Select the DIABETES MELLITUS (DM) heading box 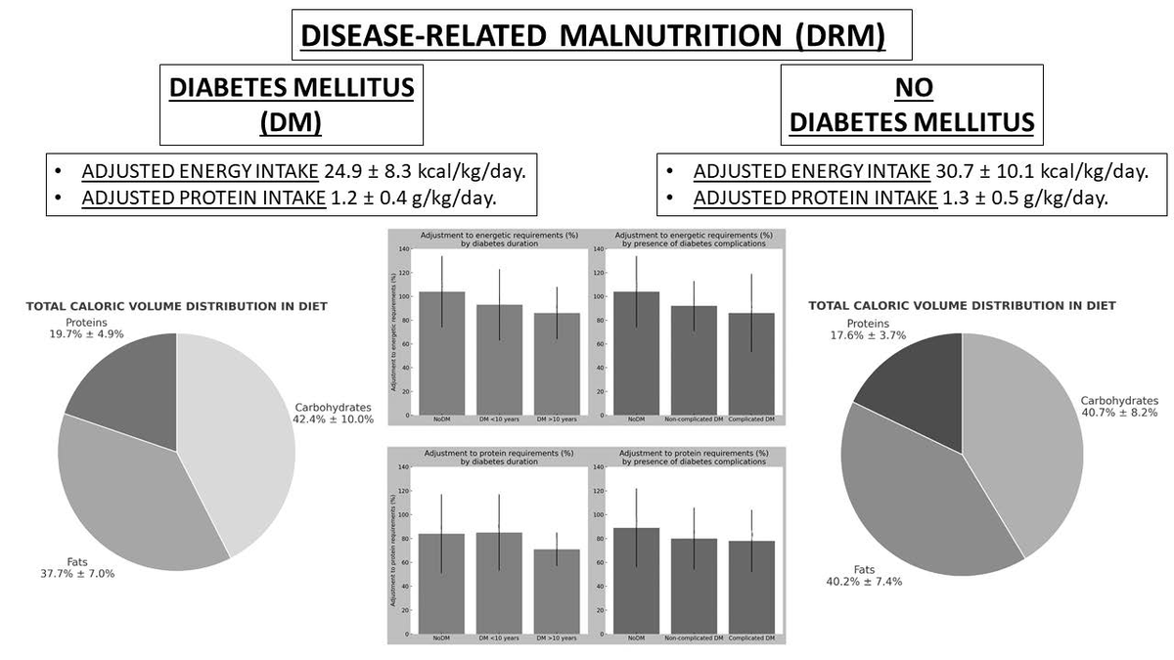click(x=292, y=105)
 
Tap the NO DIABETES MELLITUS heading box click(x=912, y=105)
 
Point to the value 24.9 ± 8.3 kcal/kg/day click(x=425, y=172)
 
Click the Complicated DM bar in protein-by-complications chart click(x=751, y=587)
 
